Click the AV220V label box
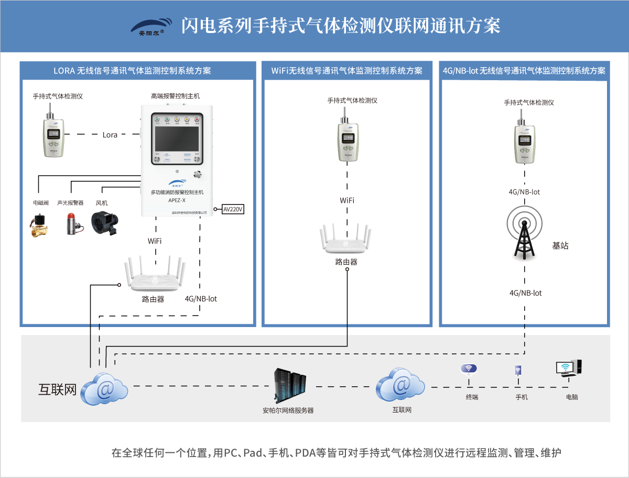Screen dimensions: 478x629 coord(233,209)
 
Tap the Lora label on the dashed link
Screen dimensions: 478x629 coord(110,135)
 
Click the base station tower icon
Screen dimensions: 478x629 coord(523,233)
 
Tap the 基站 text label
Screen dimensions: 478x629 coord(560,245)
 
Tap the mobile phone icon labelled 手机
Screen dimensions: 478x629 coord(518,371)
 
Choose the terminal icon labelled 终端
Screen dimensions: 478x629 coord(469,370)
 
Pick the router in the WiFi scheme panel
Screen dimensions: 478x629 coord(346,241)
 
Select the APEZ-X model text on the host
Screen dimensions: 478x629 coord(177,200)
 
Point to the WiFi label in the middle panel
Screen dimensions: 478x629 coord(346,200)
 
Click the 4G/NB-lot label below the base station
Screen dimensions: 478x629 coord(525,293)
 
